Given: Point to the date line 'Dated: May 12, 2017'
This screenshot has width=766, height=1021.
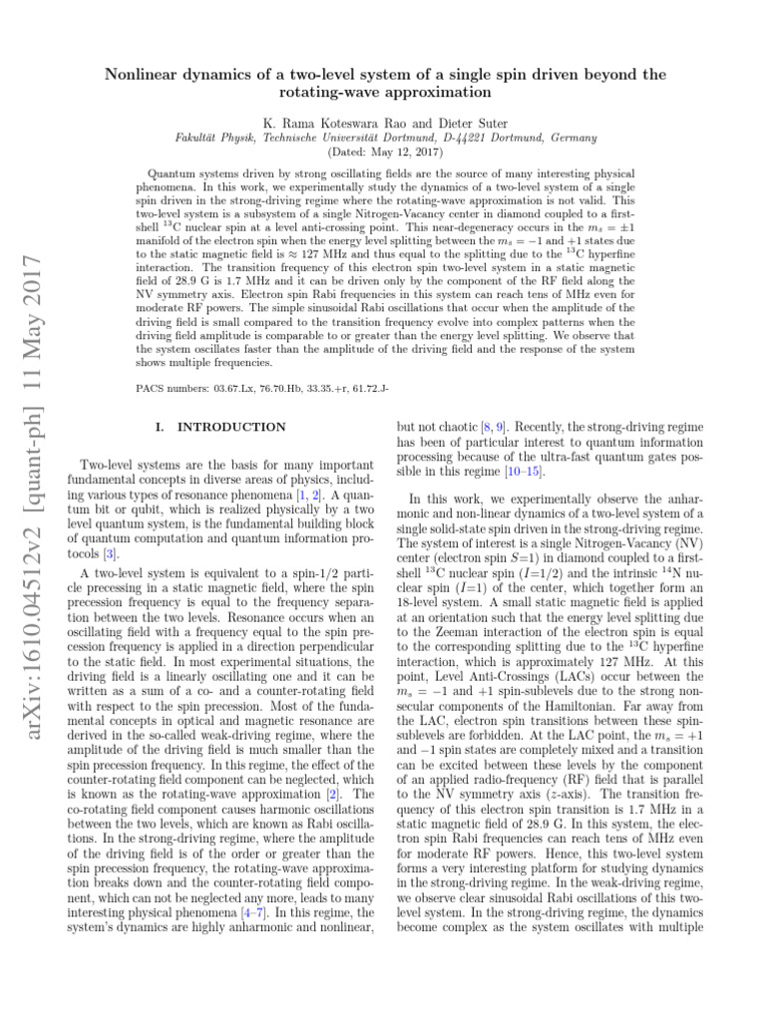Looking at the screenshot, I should tap(382, 153).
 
